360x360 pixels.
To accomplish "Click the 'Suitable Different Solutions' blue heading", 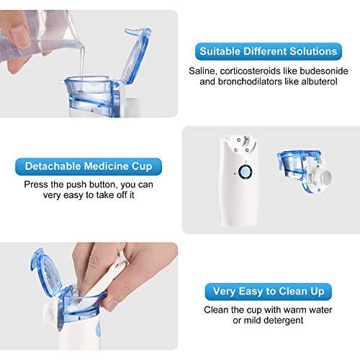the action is (x=269, y=51).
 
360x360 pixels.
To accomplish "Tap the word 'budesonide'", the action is (x=324, y=71).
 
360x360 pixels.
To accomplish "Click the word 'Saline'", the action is (x=203, y=71).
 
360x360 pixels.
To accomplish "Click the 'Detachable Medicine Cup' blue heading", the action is (x=89, y=166).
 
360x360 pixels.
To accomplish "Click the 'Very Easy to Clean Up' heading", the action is (x=269, y=292).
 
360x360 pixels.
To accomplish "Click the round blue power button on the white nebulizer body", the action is (x=245, y=171).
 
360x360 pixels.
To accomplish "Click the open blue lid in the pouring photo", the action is (x=135, y=55).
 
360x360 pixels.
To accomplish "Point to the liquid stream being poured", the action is (x=82, y=63).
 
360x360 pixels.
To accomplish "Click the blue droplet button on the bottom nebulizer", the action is (x=98, y=330).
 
